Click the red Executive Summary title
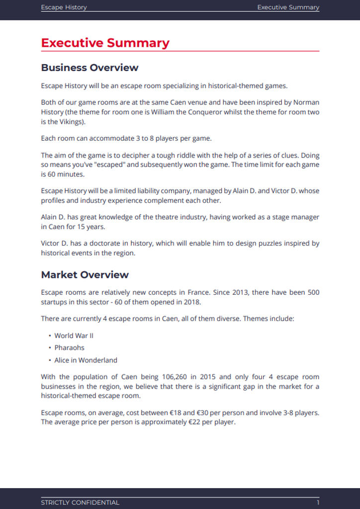tap(105, 43)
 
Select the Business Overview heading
tap(90, 68)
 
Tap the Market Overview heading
tap(85, 275)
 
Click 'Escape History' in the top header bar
tap(64, 7)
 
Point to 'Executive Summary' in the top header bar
tap(288, 7)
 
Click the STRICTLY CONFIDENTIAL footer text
tap(80, 503)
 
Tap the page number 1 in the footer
tap(318, 503)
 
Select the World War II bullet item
tap(74, 336)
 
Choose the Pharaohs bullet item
tap(70, 347)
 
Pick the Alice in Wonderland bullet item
tap(86, 360)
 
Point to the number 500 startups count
tap(313, 292)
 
